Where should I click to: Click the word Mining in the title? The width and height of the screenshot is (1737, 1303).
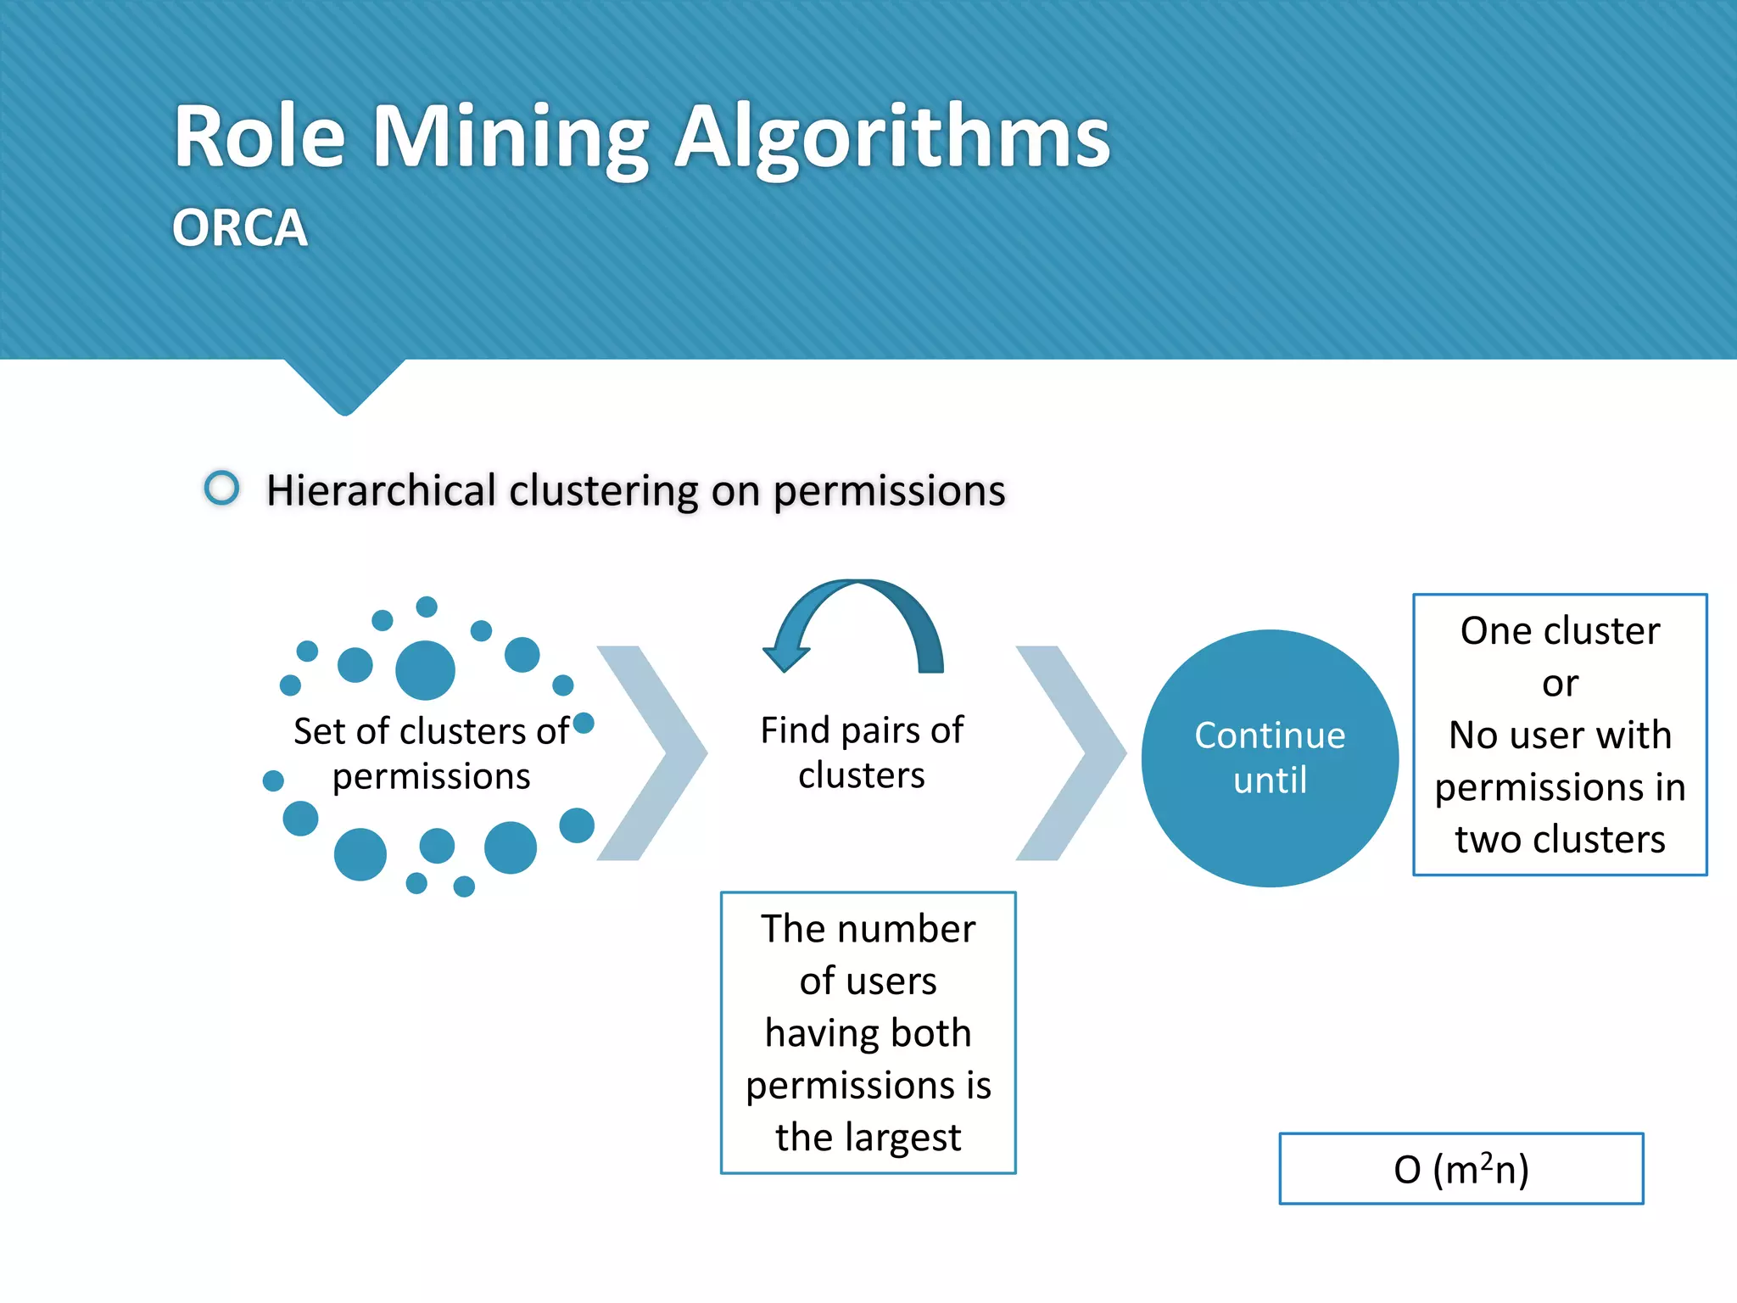[511, 137]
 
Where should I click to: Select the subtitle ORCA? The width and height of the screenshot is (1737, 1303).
[239, 228]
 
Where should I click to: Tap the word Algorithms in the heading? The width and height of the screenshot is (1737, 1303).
[891, 137]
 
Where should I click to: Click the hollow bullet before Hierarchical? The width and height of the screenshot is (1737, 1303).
[222, 488]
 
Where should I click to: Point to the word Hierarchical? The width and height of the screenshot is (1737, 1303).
[381, 490]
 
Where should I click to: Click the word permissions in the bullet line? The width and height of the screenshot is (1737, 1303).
[889, 490]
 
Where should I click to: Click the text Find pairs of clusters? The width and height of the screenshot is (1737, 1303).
[862, 752]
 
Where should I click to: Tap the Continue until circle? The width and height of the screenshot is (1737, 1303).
[1270, 758]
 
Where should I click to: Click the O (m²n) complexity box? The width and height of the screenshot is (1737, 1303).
[1461, 1169]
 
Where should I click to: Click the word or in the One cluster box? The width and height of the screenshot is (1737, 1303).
[1560, 684]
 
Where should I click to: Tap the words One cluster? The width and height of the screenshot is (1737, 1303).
[1560, 631]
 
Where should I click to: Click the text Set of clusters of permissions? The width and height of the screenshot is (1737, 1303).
[431, 753]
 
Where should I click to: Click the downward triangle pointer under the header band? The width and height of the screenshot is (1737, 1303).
[344, 386]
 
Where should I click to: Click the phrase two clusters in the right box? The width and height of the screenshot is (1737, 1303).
[1560, 840]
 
